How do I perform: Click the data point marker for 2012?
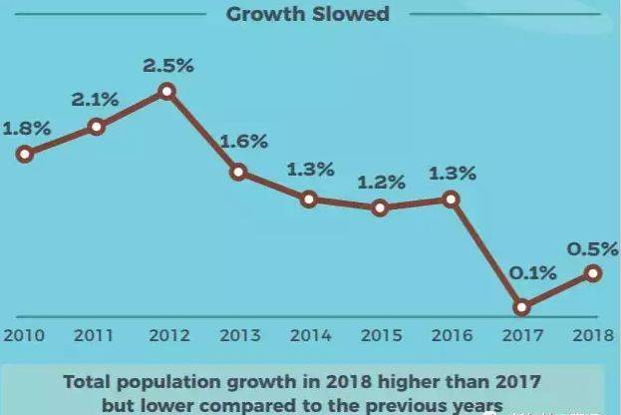[167, 91]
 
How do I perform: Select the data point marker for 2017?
[522, 307]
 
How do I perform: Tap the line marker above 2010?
[26, 154]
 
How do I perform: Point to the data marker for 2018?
[593, 272]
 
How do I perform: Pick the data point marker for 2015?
[380, 208]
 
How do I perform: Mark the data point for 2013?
[238, 172]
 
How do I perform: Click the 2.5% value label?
[167, 66]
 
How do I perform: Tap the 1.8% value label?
[26, 129]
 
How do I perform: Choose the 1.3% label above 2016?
[452, 174]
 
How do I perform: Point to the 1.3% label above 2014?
[309, 170]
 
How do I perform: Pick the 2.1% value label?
[96, 101]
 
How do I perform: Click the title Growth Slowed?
[307, 14]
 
